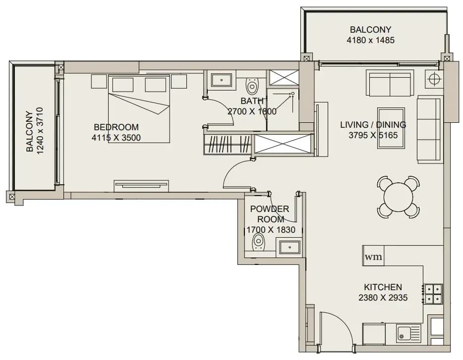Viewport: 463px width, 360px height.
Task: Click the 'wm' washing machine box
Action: pos(373,256)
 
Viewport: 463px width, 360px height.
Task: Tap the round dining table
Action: pos(399,197)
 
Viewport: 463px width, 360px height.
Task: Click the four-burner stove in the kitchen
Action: pos(433,294)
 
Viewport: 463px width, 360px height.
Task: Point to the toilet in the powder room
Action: pos(258,242)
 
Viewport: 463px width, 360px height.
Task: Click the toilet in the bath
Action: pos(252,86)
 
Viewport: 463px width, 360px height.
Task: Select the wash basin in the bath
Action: pos(222,80)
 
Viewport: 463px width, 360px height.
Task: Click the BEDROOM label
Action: pos(116,127)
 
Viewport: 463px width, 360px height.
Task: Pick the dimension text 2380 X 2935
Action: pos(383,298)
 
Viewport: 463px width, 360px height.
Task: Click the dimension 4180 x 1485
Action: pos(371,40)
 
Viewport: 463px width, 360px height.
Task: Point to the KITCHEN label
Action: pos(383,287)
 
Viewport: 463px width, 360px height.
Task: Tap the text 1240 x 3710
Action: pos(40,130)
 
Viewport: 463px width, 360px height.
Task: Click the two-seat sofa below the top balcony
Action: pos(390,83)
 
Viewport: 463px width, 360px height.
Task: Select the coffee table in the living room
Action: pos(391,128)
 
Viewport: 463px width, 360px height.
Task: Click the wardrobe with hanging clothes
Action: pos(228,144)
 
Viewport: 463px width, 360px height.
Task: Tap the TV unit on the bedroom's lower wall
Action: pos(141,186)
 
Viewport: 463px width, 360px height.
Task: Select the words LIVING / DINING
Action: pos(373,124)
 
